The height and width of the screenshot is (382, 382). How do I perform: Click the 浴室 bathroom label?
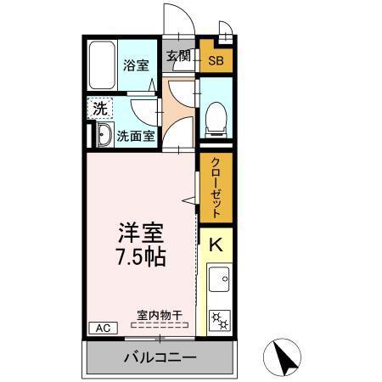[136, 65]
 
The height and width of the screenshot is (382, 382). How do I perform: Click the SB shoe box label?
[216, 61]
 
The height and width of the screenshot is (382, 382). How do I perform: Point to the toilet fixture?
[215, 118]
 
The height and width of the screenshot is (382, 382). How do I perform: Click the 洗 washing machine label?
[100, 108]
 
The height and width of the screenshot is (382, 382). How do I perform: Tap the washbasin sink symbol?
[103, 134]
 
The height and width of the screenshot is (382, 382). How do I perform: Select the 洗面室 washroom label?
[135, 134]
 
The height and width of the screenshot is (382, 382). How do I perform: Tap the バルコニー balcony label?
[160, 357]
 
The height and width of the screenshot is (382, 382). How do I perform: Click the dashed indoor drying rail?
[160, 325]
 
